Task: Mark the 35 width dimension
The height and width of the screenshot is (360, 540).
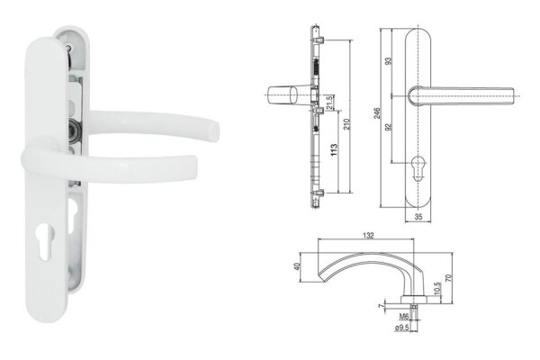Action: point(418,217)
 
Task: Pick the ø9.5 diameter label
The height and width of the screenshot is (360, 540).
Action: point(405,328)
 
